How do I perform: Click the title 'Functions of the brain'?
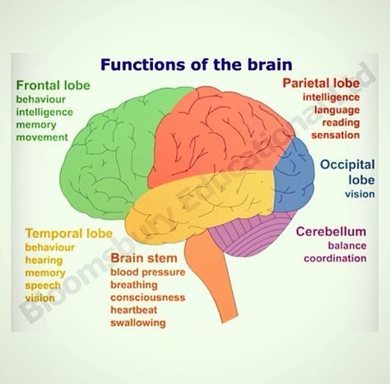[197, 65]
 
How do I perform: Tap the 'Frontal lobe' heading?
[53, 85]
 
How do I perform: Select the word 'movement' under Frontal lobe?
[42, 137]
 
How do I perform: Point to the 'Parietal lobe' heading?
[321, 83]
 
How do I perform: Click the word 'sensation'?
[336, 135]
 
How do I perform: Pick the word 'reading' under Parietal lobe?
[341, 123]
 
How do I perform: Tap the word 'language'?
[337, 110]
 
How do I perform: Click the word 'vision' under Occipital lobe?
[360, 194]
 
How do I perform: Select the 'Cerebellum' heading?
[331, 232]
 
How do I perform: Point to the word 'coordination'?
[335, 258]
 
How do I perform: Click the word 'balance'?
[347, 246]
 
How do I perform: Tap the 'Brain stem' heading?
[144, 258]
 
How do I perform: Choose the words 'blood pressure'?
[148, 272]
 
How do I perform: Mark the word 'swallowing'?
[138, 323]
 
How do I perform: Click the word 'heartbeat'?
[134, 310]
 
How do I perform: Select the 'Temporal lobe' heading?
[69, 234]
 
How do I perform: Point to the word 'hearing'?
[44, 260]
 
